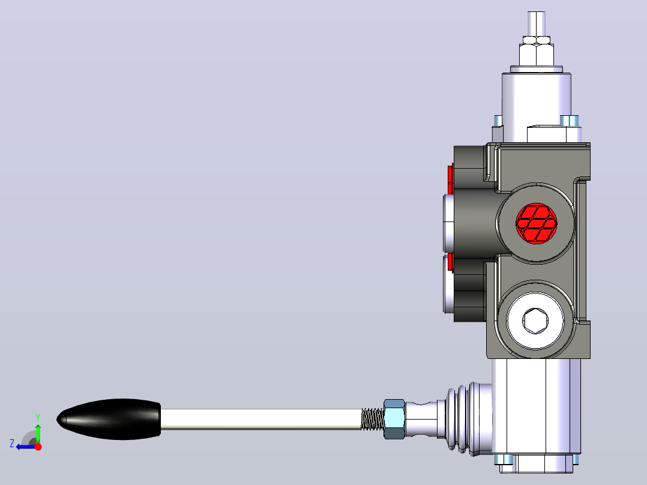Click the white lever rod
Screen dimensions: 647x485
click(x=260, y=419)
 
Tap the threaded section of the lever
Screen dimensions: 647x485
click(x=373, y=419)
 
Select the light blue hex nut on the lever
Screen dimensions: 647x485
click(x=394, y=419)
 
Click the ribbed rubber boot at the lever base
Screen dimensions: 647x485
click(x=464, y=419)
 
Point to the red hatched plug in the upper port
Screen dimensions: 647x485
click(x=536, y=223)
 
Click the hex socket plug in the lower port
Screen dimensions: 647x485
click(x=535, y=321)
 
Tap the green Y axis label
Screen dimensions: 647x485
click(x=38, y=418)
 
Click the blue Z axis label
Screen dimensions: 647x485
click(x=12, y=444)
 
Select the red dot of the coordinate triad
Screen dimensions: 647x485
click(x=38, y=447)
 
